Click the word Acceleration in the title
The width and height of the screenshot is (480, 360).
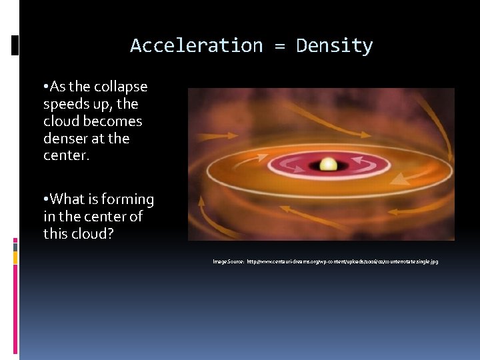tap(197, 45)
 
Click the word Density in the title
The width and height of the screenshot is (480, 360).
tap(334, 45)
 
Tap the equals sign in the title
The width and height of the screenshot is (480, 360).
tap(279, 46)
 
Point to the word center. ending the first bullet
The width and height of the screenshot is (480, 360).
tap(67, 156)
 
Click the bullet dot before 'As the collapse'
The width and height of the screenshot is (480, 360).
tap(44, 87)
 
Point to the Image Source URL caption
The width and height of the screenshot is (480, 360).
tap(325, 262)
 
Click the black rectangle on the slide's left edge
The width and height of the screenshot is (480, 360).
tap(15, 45)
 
